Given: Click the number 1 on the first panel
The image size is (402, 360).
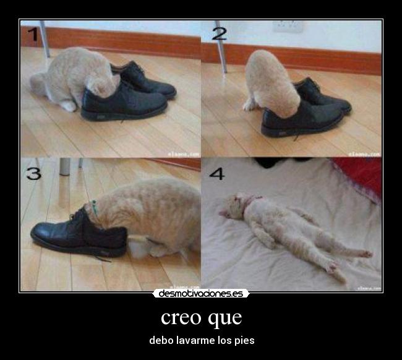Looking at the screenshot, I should (32, 35).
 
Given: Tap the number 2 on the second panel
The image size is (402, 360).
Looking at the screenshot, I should (219, 33).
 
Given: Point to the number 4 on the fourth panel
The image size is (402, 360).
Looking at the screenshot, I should (216, 173).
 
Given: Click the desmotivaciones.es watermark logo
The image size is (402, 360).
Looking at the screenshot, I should (201, 293).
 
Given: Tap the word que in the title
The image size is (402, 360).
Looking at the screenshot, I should (225, 319).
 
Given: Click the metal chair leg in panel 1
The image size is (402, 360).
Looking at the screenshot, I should (45, 38).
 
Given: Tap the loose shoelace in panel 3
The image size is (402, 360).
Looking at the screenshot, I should (99, 256).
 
